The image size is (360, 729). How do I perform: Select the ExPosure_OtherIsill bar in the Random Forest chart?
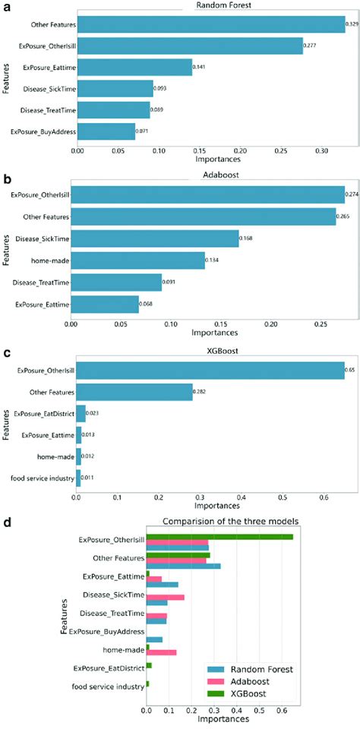tap(190, 46)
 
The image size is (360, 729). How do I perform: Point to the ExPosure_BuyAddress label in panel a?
tap(43, 131)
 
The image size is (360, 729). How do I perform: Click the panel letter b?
tap(7, 180)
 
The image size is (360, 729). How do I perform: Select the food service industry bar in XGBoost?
tap(78, 477)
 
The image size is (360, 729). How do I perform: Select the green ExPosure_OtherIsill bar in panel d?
tap(219, 537)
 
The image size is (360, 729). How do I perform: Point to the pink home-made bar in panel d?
tap(161, 652)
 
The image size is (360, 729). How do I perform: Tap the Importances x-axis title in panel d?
tap(220, 721)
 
